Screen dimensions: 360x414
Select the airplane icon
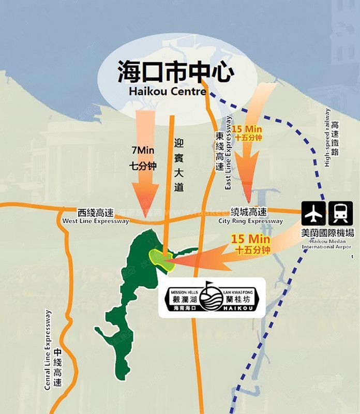[315, 212]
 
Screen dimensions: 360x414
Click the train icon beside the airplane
[341, 212]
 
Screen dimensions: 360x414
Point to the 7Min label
[143, 151]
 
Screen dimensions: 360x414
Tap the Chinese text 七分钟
[143, 166]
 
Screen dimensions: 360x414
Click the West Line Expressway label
[95, 221]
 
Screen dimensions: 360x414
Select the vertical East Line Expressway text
[229, 153]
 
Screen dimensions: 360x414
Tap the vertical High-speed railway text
[327, 137]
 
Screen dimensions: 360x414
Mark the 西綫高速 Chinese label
[95, 212]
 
